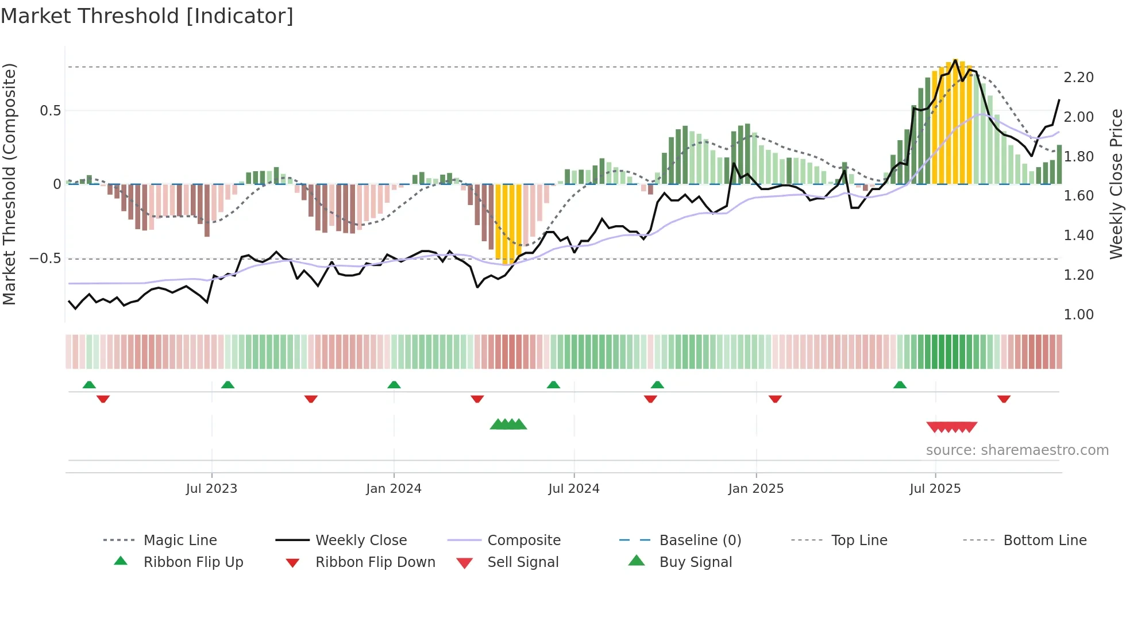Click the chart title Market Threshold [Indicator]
147,16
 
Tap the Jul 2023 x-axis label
211,489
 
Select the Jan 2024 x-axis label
394,489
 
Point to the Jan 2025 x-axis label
755,489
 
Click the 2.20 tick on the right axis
1078,78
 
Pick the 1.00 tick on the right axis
1078,315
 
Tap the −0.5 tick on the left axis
45,258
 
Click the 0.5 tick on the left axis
50,111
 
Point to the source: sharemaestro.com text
1017,450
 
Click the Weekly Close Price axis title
1116,184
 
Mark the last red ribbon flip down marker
1004,399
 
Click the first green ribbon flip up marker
89,385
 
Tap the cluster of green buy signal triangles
508,424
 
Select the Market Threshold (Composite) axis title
10,184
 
